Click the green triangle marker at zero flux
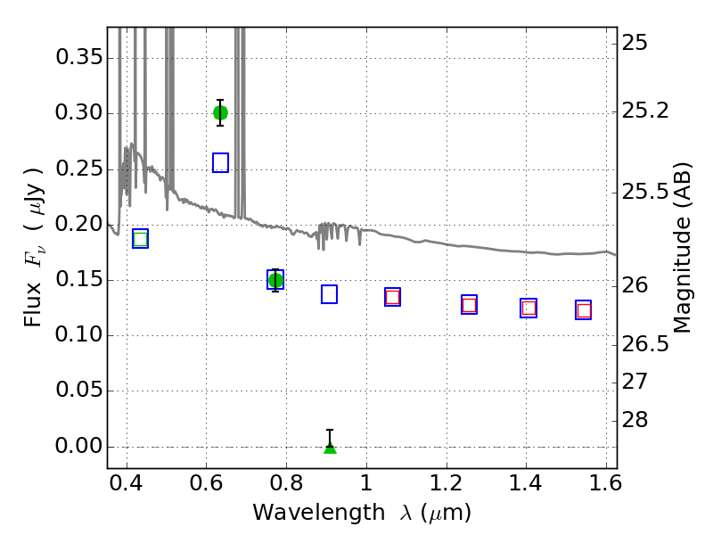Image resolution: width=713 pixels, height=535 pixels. pyautogui.click(x=330, y=449)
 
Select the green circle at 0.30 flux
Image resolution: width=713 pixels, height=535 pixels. pyautogui.click(x=220, y=113)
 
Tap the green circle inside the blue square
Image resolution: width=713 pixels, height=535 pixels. pyautogui.click(x=275, y=280)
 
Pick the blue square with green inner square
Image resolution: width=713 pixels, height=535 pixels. pyautogui.click(x=141, y=239)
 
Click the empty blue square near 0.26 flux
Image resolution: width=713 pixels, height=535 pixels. pyautogui.click(x=220, y=163)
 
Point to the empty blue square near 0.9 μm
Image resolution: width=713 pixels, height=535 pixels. pyautogui.click(x=329, y=294)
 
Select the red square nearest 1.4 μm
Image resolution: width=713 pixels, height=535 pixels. pyautogui.click(x=529, y=308)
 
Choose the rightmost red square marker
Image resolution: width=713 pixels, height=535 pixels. pyautogui.click(x=584, y=310)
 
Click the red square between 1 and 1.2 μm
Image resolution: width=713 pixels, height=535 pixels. pyautogui.click(x=392, y=298)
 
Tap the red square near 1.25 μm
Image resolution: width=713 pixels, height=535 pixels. pyautogui.click(x=470, y=305)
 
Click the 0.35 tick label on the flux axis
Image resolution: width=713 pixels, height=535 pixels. pyautogui.click(x=79, y=58)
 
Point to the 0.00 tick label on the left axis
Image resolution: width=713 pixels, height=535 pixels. pyautogui.click(x=79, y=447)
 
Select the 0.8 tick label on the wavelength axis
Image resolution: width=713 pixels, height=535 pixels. pyautogui.click(x=286, y=483)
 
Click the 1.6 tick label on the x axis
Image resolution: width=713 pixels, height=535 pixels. pyautogui.click(x=606, y=483)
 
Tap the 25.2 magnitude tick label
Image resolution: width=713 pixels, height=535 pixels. pyautogui.click(x=645, y=111)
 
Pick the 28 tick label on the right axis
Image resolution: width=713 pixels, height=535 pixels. pyautogui.click(x=635, y=419)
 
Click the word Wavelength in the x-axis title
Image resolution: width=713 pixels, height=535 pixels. pyautogui.click(x=319, y=513)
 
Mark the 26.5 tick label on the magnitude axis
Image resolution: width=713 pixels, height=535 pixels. pyautogui.click(x=645, y=344)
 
